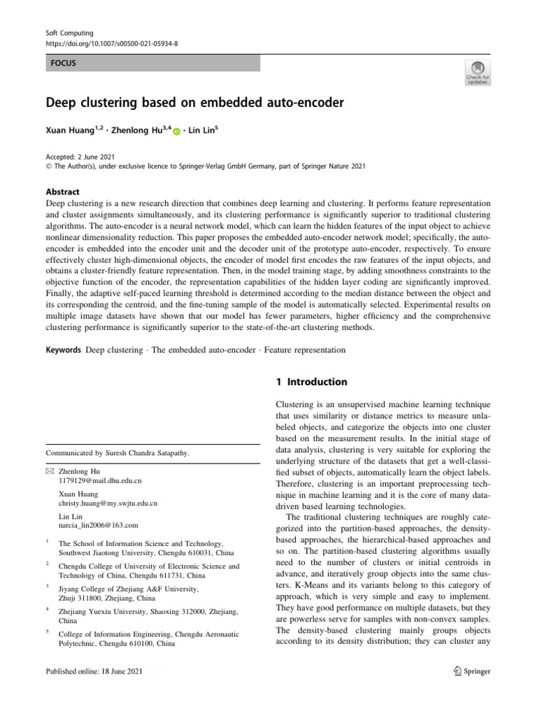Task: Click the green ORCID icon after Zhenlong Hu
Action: (176, 131)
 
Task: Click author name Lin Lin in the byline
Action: (206, 130)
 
